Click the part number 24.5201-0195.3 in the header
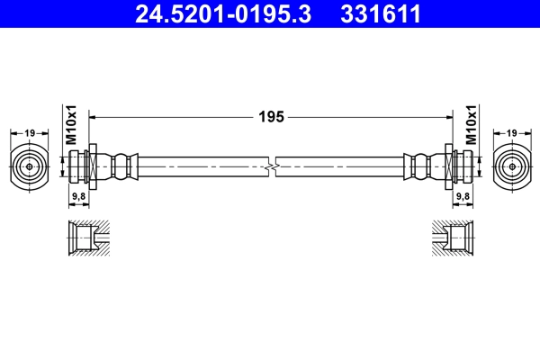[x=223, y=14]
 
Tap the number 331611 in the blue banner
[x=381, y=14]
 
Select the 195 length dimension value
[x=271, y=117]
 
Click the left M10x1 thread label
[x=71, y=125]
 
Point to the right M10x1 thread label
[x=471, y=125]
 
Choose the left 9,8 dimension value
[x=78, y=196]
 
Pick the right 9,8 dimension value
[x=463, y=196]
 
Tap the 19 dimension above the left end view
[x=30, y=132]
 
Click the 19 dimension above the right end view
[x=512, y=132]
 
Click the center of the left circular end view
[x=30, y=166]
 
